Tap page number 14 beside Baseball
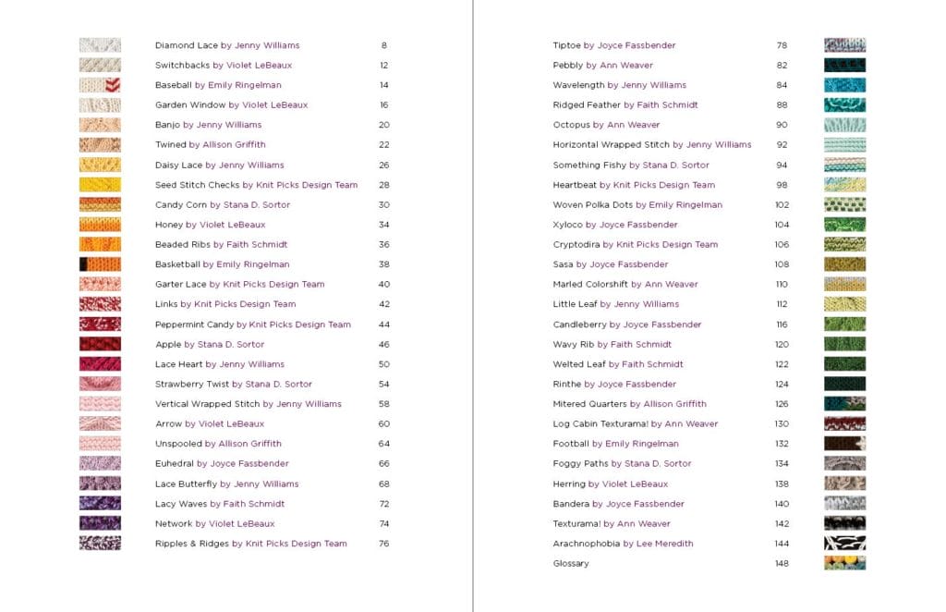383,85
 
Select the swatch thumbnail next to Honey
100,225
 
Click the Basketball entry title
177,264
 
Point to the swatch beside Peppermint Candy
100,324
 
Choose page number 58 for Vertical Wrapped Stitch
383,404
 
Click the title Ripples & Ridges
191,544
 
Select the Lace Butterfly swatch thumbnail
100,483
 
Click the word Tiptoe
566,45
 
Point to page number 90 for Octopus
782,125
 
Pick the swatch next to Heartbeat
844,185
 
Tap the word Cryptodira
576,245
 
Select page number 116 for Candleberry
782,324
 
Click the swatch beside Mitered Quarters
844,404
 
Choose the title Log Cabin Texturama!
600,424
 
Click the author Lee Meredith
664,544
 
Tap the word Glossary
571,563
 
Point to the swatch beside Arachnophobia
844,544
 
